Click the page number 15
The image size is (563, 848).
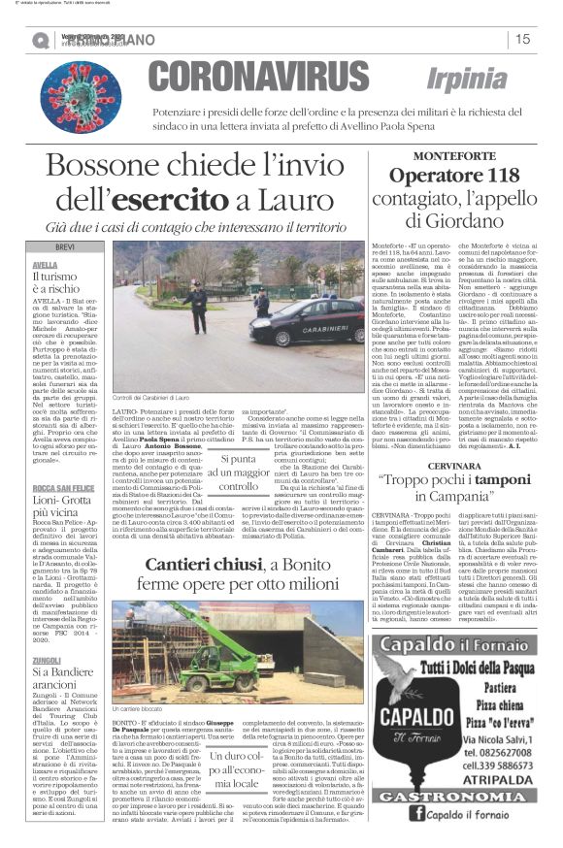pos(522,39)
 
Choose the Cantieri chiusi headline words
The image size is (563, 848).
pos(200,564)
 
